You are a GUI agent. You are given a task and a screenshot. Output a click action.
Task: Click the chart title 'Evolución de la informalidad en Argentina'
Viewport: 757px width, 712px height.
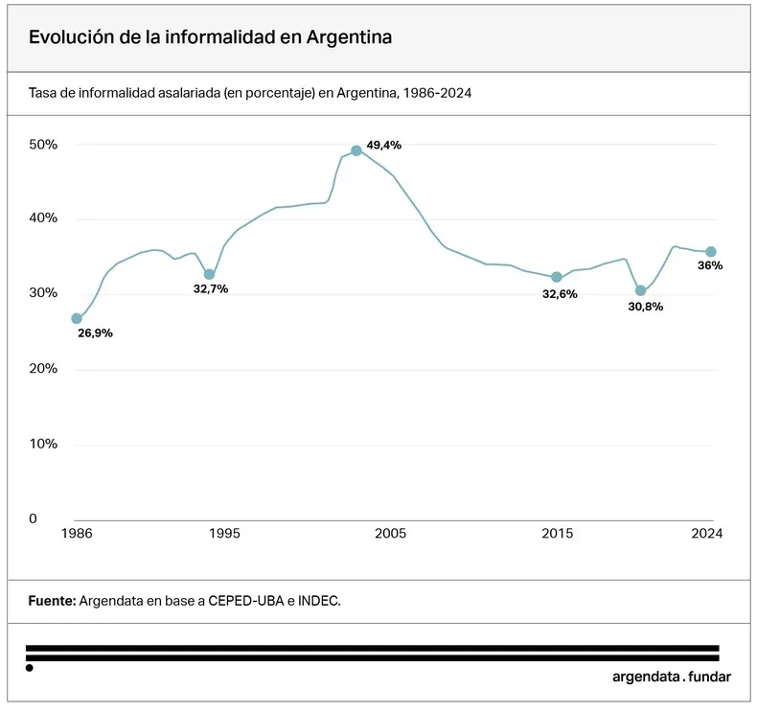(210, 37)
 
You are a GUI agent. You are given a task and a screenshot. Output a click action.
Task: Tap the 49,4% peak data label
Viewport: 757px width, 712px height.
(384, 146)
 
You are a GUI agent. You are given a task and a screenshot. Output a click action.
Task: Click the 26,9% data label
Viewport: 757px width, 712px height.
(96, 333)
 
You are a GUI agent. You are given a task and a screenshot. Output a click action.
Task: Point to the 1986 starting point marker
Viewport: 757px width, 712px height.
(77, 318)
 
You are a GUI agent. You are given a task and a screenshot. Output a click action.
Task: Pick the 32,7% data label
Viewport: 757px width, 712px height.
(211, 289)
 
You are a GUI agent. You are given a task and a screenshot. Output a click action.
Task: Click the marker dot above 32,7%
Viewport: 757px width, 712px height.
(209, 274)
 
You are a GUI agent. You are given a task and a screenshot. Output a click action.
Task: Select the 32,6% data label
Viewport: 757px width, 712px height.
(560, 294)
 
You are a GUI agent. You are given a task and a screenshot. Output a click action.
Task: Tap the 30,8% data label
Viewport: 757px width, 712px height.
(645, 308)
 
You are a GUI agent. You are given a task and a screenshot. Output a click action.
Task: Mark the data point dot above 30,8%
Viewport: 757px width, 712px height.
(640, 290)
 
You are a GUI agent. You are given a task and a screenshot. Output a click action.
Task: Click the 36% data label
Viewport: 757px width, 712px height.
(710, 265)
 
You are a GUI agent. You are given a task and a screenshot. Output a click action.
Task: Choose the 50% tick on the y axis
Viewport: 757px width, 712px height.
(43, 145)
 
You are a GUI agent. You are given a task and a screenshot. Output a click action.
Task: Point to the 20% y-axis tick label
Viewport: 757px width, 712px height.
(43, 369)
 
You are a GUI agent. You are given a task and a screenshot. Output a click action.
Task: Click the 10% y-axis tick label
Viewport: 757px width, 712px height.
(43, 445)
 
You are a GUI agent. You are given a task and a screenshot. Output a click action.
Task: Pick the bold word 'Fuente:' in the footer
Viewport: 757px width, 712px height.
(52, 601)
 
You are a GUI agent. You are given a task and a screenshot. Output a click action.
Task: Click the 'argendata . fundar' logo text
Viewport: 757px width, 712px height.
(671, 677)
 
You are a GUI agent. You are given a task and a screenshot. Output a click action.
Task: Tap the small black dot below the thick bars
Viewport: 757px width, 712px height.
(30, 668)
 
